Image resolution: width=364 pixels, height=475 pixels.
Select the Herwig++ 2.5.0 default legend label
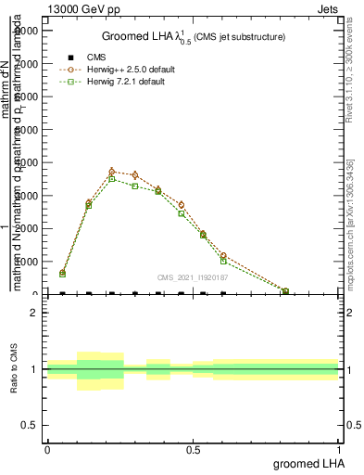point(126,70)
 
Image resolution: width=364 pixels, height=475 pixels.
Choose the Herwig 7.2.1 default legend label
point(125,82)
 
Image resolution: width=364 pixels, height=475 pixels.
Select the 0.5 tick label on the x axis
point(193,447)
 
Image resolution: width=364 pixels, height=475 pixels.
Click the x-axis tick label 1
point(339,447)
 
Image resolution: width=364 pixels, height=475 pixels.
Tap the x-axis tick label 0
point(47,447)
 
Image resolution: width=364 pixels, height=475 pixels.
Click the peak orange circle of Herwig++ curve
point(112,172)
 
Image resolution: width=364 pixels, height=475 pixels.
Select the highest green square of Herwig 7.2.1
point(112,179)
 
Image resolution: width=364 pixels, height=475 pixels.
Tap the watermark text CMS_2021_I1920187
point(193,276)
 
